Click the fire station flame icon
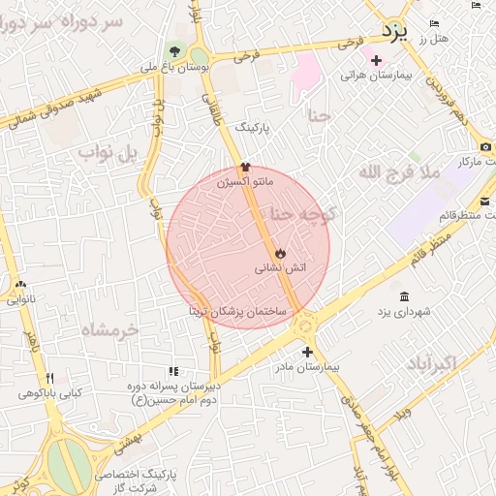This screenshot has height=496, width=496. point(279,253)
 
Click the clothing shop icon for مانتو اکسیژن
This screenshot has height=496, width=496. point(245,167)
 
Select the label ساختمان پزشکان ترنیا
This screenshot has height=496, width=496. point(238,314)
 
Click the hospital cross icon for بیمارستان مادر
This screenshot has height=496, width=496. point(307,352)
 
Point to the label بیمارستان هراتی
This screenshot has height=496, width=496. point(376,75)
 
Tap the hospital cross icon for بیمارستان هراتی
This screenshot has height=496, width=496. point(376,60)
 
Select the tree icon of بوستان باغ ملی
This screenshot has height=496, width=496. point(174,50)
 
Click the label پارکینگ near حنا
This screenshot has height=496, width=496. point(256,127)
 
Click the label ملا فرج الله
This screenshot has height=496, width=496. point(399,172)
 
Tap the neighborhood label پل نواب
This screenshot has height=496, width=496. point(109,152)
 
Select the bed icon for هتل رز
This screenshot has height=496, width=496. point(434,22)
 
